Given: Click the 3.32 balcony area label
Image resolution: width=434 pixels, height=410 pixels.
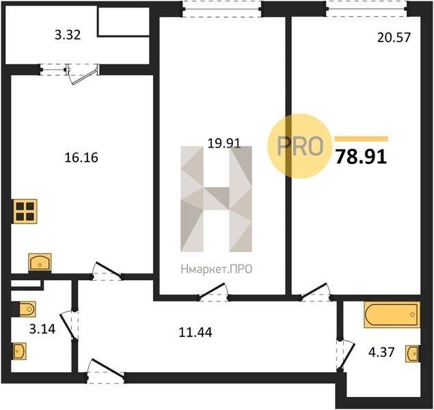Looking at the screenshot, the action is [68, 35].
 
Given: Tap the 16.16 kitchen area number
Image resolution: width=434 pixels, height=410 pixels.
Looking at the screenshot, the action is [81, 158].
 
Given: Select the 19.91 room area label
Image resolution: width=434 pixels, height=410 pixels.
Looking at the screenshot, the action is [224, 143].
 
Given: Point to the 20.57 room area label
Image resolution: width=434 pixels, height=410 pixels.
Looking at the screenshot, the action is [394, 38].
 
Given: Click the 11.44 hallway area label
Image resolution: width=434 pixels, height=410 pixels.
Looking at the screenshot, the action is [195, 332].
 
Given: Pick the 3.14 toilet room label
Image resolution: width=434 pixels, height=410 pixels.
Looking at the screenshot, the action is [42, 329].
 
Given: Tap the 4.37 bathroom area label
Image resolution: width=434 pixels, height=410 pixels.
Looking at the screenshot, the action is [381, 353].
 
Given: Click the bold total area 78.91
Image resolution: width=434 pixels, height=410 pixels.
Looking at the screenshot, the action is [361, 158].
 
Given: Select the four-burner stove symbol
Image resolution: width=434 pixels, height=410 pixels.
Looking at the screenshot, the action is [25, 211].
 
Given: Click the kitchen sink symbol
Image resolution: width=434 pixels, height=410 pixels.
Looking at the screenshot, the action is [40, 262].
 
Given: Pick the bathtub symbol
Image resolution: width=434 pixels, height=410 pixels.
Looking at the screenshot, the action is [392, 315].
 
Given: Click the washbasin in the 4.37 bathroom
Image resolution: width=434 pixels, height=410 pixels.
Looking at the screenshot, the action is [412, 353].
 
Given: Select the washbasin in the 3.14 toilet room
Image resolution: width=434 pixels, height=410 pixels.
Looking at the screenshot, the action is [19, 351].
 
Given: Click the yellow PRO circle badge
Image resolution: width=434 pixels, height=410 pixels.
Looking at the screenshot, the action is [300, 146].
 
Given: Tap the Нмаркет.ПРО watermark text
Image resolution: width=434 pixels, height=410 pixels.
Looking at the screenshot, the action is [217, 269].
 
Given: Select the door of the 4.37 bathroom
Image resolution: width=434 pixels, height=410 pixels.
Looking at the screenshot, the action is [345, 356].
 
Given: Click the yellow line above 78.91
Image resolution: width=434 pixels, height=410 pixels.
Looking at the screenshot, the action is [362, 139].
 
